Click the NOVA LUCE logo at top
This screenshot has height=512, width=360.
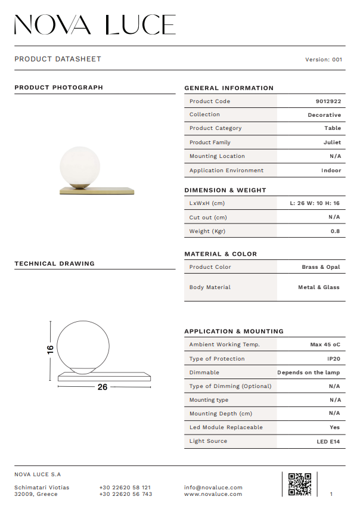[95, 24]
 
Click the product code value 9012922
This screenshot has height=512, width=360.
[328, 101]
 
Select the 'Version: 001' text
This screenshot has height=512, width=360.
[324, 60]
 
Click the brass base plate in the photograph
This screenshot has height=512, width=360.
[97, 191]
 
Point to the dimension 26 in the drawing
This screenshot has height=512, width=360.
[103, 387]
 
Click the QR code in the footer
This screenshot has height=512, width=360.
[299, 484]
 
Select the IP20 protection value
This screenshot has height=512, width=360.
[334, 359]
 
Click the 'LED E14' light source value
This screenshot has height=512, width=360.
[328, 442]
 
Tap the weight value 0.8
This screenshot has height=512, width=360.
[335, 231]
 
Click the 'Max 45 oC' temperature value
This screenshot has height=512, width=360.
[325, 345]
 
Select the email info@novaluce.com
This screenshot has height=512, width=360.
[213, 488]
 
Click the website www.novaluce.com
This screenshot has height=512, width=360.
[213, 494]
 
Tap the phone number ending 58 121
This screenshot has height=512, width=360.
[125, 488]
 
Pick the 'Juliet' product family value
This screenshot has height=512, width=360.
[333, 142]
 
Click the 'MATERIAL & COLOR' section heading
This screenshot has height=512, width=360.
[221, 254]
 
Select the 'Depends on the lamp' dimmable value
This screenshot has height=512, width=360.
[309, 373]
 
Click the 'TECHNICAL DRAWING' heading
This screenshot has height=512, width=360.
[54, 263]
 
